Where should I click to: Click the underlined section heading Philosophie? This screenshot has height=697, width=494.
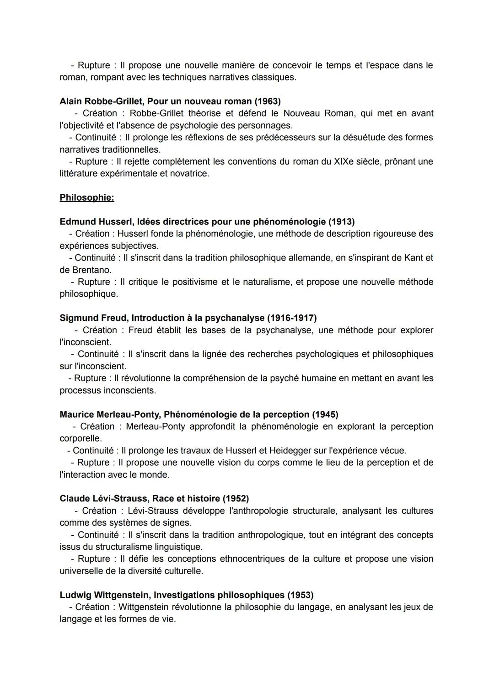[x=87, y=197]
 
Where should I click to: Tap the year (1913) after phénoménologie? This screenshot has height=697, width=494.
[x=341, y=222]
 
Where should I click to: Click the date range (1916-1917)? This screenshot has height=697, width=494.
[x=292, y=318]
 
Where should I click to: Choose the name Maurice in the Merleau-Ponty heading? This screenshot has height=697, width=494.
[x=76, y=415]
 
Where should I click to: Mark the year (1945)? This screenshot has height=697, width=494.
[x=325, y=415]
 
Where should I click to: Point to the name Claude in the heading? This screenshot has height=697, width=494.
[x=75, y=498]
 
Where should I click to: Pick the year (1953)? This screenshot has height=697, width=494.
[x=300, y=595]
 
